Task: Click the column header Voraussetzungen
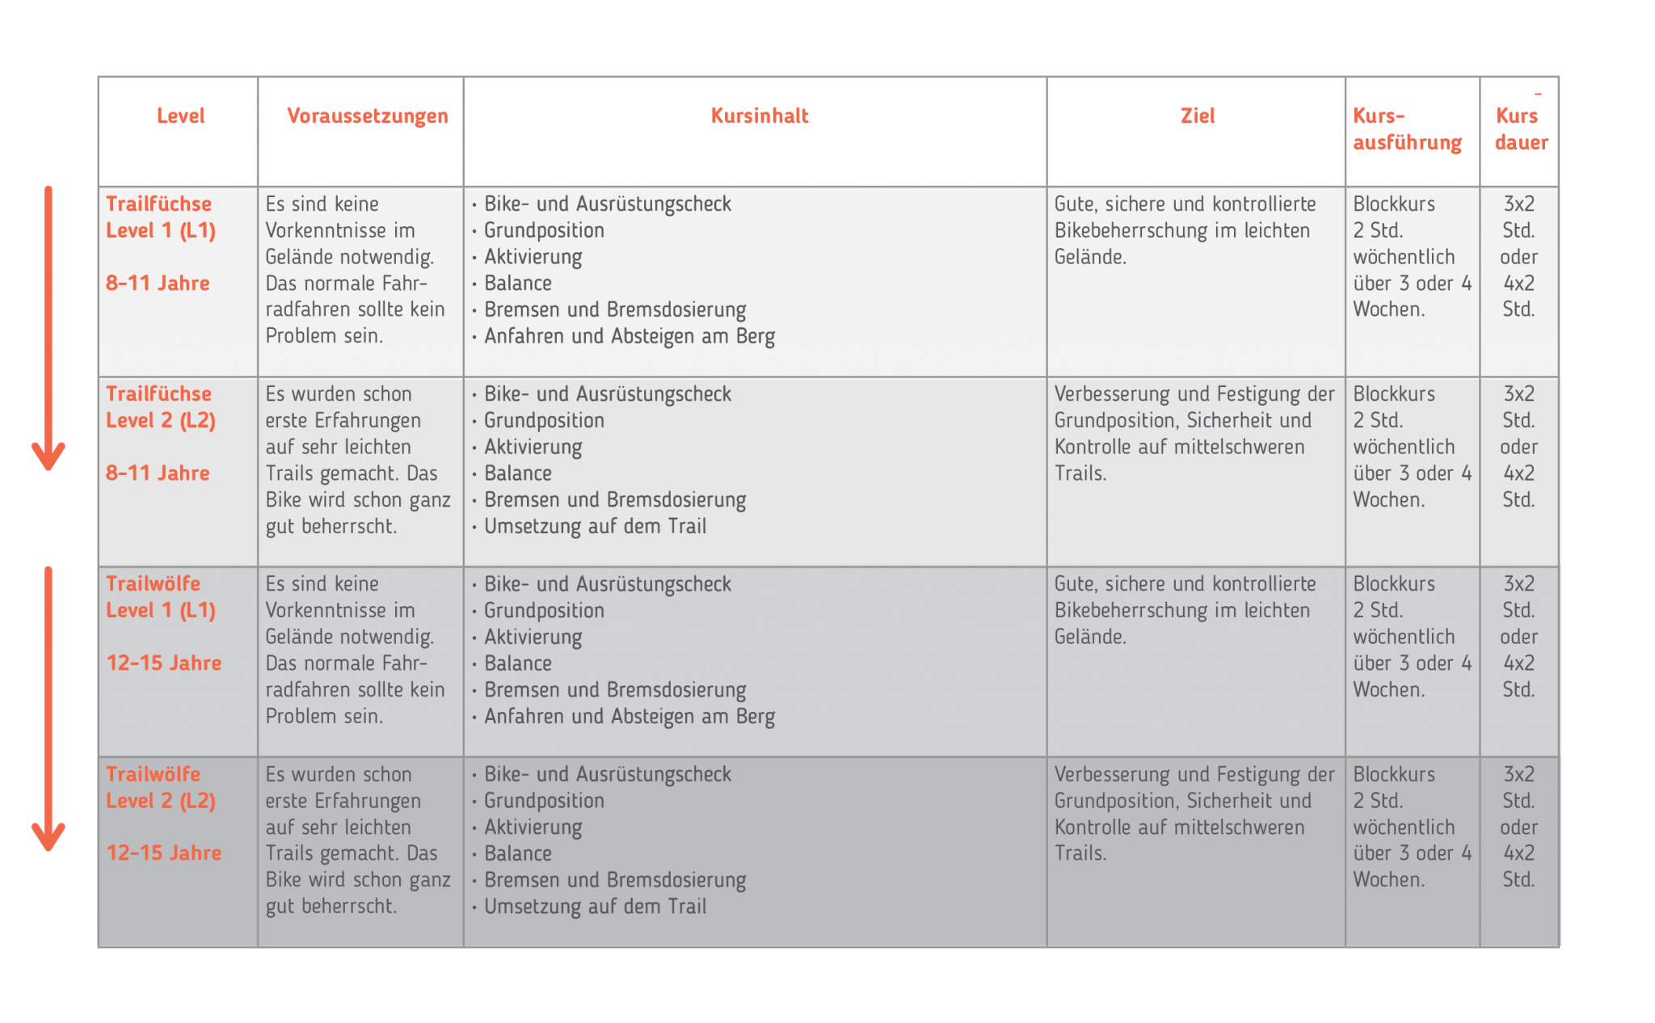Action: (x=367, y=116)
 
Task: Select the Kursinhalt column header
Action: (x=759, y=116)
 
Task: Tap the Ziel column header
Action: (x=1197, y=116)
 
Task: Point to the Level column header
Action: (x=180, y=116)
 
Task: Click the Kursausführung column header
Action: (x=1407, y=129)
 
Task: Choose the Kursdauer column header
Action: (x=1520, y=129)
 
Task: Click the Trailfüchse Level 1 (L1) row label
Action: (x=160, y=217)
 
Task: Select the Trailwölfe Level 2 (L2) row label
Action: (x=160, y=788)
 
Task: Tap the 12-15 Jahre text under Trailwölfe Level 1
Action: (x=163, y=663)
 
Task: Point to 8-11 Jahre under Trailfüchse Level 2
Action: (x=158, y=474)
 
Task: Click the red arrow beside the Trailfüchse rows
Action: (x=48, y=327)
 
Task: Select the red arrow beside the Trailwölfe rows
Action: (x=48, y=708)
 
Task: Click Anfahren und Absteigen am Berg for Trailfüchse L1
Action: (x=629, y=337)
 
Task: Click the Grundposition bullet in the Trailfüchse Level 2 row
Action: (x=544, y=421)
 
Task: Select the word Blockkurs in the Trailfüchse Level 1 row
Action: (x=1394, y=204)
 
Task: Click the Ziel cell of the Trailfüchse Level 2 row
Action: (x=1194, y=434)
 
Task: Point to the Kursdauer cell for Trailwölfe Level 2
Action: (x=1518, y=827)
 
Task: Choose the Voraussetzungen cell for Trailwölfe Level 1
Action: (x=355, y=650)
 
